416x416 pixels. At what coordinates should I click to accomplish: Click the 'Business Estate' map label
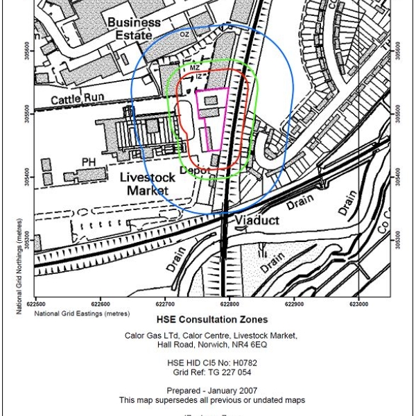(133, 28)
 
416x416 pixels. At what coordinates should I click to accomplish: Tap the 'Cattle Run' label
(78, 99)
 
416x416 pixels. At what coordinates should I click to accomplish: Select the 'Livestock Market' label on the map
(146, 183)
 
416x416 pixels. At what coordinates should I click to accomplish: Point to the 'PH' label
(88, 162)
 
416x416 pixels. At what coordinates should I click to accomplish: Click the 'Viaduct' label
(257, 221)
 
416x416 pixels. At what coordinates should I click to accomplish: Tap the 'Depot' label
(195, 170)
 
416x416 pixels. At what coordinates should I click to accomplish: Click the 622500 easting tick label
(36, 304)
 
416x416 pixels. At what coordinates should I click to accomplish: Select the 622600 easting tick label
(101, 304)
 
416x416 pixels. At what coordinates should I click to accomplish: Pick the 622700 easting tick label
(165, 304)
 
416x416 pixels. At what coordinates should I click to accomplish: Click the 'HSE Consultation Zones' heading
(212, 320)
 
